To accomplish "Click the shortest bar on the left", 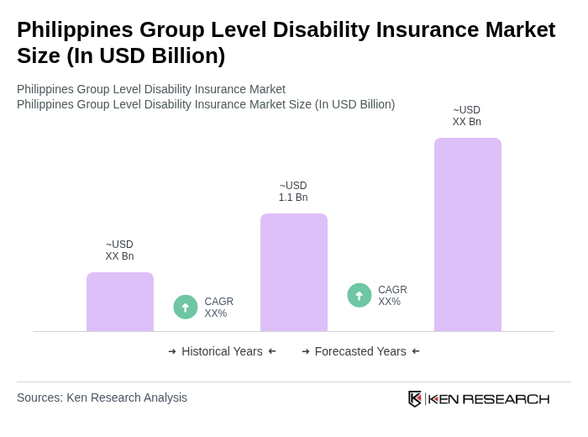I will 120,302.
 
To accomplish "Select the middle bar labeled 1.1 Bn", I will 294,272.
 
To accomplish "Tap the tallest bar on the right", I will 468,234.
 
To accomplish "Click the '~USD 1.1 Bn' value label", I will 293,192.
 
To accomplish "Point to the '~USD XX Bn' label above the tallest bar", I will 467,116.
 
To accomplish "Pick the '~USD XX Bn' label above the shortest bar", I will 119,250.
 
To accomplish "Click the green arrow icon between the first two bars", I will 186,307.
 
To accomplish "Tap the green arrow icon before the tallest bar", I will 360,295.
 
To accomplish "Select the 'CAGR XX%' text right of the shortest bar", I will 218,308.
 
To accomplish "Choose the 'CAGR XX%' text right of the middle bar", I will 392,296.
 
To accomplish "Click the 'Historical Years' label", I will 222,351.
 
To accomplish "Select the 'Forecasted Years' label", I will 360,351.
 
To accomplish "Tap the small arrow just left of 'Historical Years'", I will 172,351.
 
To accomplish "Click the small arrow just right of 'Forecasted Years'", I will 416,351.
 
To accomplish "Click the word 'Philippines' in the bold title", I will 75,29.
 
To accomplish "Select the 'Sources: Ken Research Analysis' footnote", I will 102,398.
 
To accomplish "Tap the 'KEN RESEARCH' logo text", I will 489,399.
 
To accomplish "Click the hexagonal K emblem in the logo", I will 415,398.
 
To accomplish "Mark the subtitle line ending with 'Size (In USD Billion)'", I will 206,104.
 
